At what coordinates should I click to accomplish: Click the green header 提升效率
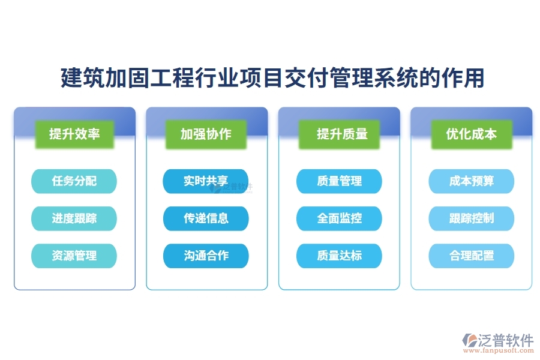(x=74, y=134)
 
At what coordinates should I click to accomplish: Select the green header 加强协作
(x=206, y=134)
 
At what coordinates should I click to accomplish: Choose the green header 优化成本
(x=471, y=134)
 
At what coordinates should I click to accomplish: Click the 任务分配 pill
(x=74, y=181)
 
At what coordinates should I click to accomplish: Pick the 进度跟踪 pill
(x=74, y=218)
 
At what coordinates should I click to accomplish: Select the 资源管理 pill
(x=74, y=256)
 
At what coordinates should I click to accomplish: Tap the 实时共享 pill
(x=206, y=181)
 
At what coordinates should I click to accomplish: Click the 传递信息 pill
(x=206, y=218)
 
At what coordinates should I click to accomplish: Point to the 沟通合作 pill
(x=206, y=256)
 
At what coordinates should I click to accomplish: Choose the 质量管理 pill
(x=339, y=181)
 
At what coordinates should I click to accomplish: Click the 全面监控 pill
(x=339, y=218)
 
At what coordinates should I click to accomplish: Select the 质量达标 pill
(x=339, y=256)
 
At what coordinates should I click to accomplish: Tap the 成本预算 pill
(x=471, y=181)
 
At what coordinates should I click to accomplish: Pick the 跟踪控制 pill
(x=471, y=218)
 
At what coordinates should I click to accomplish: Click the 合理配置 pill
(x=471, y=256)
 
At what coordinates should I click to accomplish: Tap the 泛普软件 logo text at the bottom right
(x=506, y=340)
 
